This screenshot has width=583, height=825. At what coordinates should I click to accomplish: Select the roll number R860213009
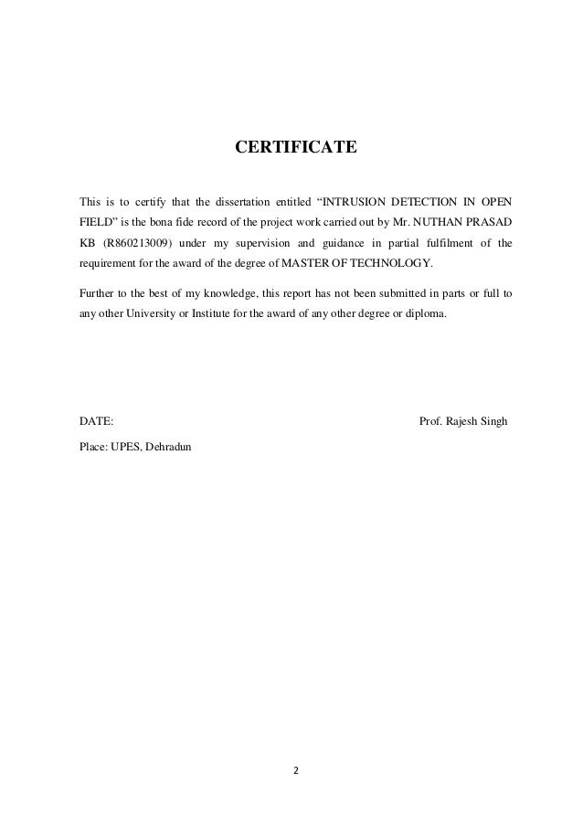(x=135, y=244)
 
